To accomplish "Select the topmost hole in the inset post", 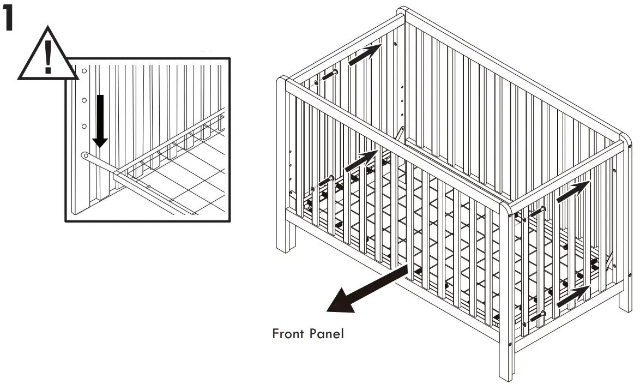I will click(x=84, y=71).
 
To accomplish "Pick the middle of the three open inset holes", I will click(x=84, y=100).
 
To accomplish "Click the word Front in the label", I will click(x=288, y=333).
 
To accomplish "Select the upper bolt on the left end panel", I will click(x=330, y=74).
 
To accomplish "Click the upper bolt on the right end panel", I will click(x=538, y=211).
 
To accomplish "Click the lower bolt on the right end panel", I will click(x=537, y=315).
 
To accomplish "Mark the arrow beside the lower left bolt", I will click(x=361, y=161).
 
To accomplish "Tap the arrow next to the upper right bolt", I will click(x=572, y=191).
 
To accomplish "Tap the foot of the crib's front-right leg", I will click(x=506, y=376).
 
